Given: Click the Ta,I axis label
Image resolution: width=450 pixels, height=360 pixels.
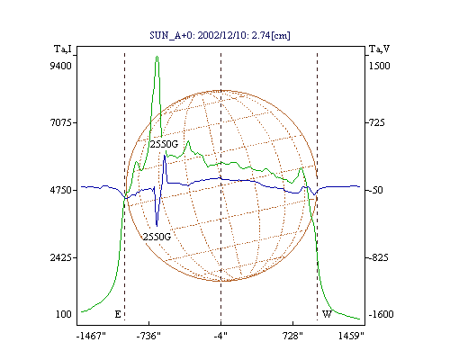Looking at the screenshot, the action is tap(63, 49).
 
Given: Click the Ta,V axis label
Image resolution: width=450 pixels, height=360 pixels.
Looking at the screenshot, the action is tap(379, 49).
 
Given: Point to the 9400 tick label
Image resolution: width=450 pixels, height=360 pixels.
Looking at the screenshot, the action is tap(60, 66).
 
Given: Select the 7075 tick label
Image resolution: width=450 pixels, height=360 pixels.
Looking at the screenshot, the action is tap(61, 122).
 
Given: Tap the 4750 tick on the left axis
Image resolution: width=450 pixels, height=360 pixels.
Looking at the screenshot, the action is tap(61, 190).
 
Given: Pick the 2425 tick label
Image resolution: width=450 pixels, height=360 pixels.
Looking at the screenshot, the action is tap(61, 257).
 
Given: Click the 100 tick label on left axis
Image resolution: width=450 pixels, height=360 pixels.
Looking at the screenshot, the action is tap(64, 314).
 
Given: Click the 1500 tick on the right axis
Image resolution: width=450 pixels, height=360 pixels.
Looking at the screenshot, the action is tap(380, 66).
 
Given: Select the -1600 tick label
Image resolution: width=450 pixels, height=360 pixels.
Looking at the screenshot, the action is tap(381, 314).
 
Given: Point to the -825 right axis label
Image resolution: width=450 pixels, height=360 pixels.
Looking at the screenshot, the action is tap(377, 257).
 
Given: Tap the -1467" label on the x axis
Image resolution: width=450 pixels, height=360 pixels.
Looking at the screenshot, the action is tap(91, 336).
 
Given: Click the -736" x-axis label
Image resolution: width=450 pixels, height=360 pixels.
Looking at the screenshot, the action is tap(148, 336).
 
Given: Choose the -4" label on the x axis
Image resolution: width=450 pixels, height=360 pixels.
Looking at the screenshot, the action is tap(220, 336).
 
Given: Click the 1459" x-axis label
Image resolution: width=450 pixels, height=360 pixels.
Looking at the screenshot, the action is tap(351, 336).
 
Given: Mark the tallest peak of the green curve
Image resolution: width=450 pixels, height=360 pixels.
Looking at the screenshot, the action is tap(157, 57).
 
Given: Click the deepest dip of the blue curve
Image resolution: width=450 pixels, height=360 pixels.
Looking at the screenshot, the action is tap(157, 226).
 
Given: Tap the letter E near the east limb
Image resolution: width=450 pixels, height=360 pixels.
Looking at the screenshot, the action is tap(118, 314).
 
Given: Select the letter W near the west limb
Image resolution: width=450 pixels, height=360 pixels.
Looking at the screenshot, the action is tap(327, 314).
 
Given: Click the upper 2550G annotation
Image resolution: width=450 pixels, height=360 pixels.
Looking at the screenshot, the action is tap(164, 144).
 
